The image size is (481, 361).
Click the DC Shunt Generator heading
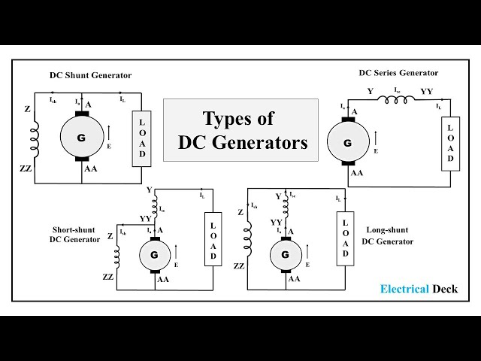tap(90, 75)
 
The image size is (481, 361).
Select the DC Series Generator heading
tap(398, 73)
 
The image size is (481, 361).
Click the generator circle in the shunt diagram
tap(81, 137)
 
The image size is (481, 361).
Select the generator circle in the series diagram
tap(347, 142)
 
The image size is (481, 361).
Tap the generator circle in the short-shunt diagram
tap(155, 255)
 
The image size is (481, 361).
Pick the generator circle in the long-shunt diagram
tap(285, 255)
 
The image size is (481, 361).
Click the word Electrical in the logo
tap(404, 289)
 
